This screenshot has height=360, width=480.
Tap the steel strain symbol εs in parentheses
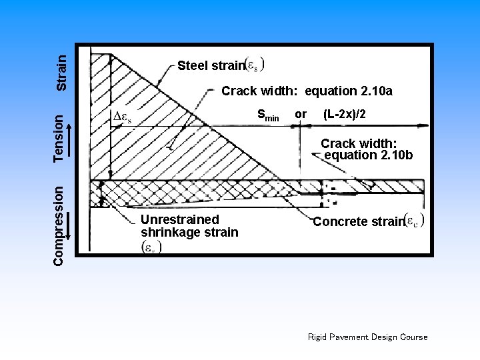[x=255, y=65]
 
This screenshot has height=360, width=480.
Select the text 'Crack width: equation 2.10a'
[x=307, y=90]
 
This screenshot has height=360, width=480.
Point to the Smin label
[x=268, y=115]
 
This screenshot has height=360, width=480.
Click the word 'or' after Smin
[x=301, y=114]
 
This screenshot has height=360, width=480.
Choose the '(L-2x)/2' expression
[x=344, y=114]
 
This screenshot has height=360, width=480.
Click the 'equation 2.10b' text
[x=369, y=155]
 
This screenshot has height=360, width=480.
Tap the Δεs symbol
[x=121, y=116]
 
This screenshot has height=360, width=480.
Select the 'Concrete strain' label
[x=359, y=222]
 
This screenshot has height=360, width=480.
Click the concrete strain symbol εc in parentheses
[x=415, y=221]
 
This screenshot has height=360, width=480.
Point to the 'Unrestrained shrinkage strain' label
[x=189, y=226]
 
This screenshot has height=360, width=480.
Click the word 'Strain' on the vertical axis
[x=61, y=73]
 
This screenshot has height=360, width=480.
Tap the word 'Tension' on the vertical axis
[x=61, y=137]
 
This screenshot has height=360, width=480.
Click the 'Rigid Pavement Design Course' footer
[x=367, y=337]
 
